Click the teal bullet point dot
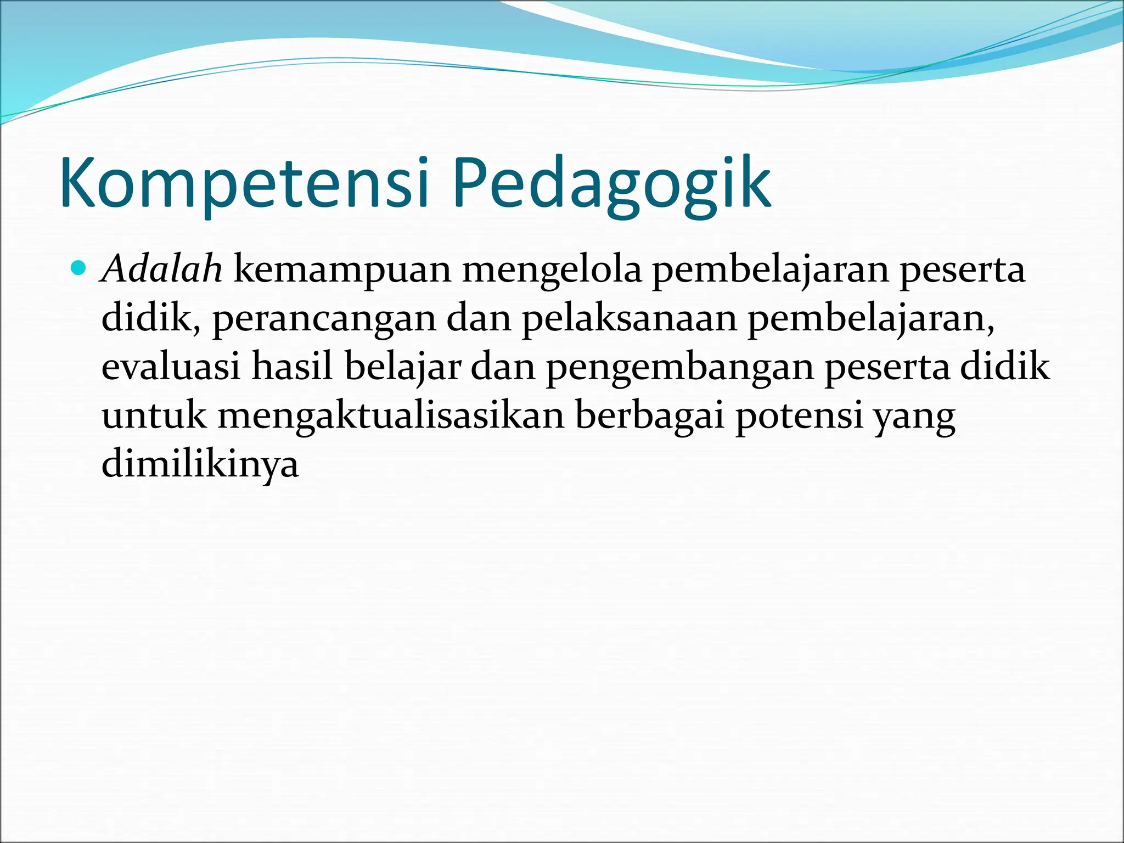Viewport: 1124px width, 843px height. (80, 268)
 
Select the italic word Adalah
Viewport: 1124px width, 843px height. (162, 269)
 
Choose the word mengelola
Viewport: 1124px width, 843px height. (551, 271)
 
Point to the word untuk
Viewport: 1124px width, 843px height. (154, 415)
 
